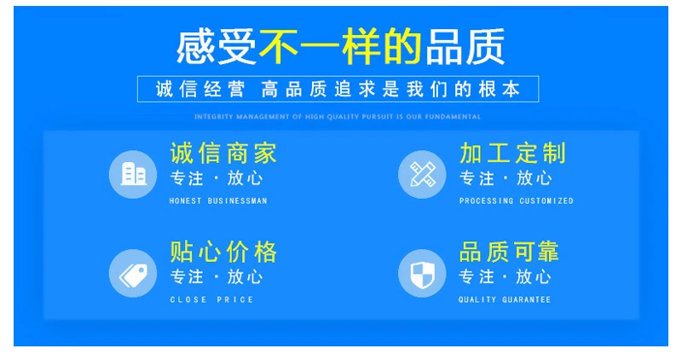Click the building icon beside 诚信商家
tap(133, 174)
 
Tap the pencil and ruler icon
tap(422, 174)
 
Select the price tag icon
tap(133, 273)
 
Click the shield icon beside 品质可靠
tap(422, 273)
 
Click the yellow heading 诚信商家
tap(223, 154)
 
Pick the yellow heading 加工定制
tap(513, 154)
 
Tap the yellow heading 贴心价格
tap(223, 252)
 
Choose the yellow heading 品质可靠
tap(509, 252)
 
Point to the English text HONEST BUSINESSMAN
tap(218, 201)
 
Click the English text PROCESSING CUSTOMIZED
tap(517, 201)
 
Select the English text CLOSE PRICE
tap(211, 300)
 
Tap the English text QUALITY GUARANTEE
tap(505, 300)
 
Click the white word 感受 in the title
tap(217, 47)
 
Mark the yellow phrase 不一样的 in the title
tap(340, 46)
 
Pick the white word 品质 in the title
tap(465, 47)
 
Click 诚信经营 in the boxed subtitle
tap(200, 90)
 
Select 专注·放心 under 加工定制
tap(506, 178)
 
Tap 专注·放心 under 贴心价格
tap(217, 277)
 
